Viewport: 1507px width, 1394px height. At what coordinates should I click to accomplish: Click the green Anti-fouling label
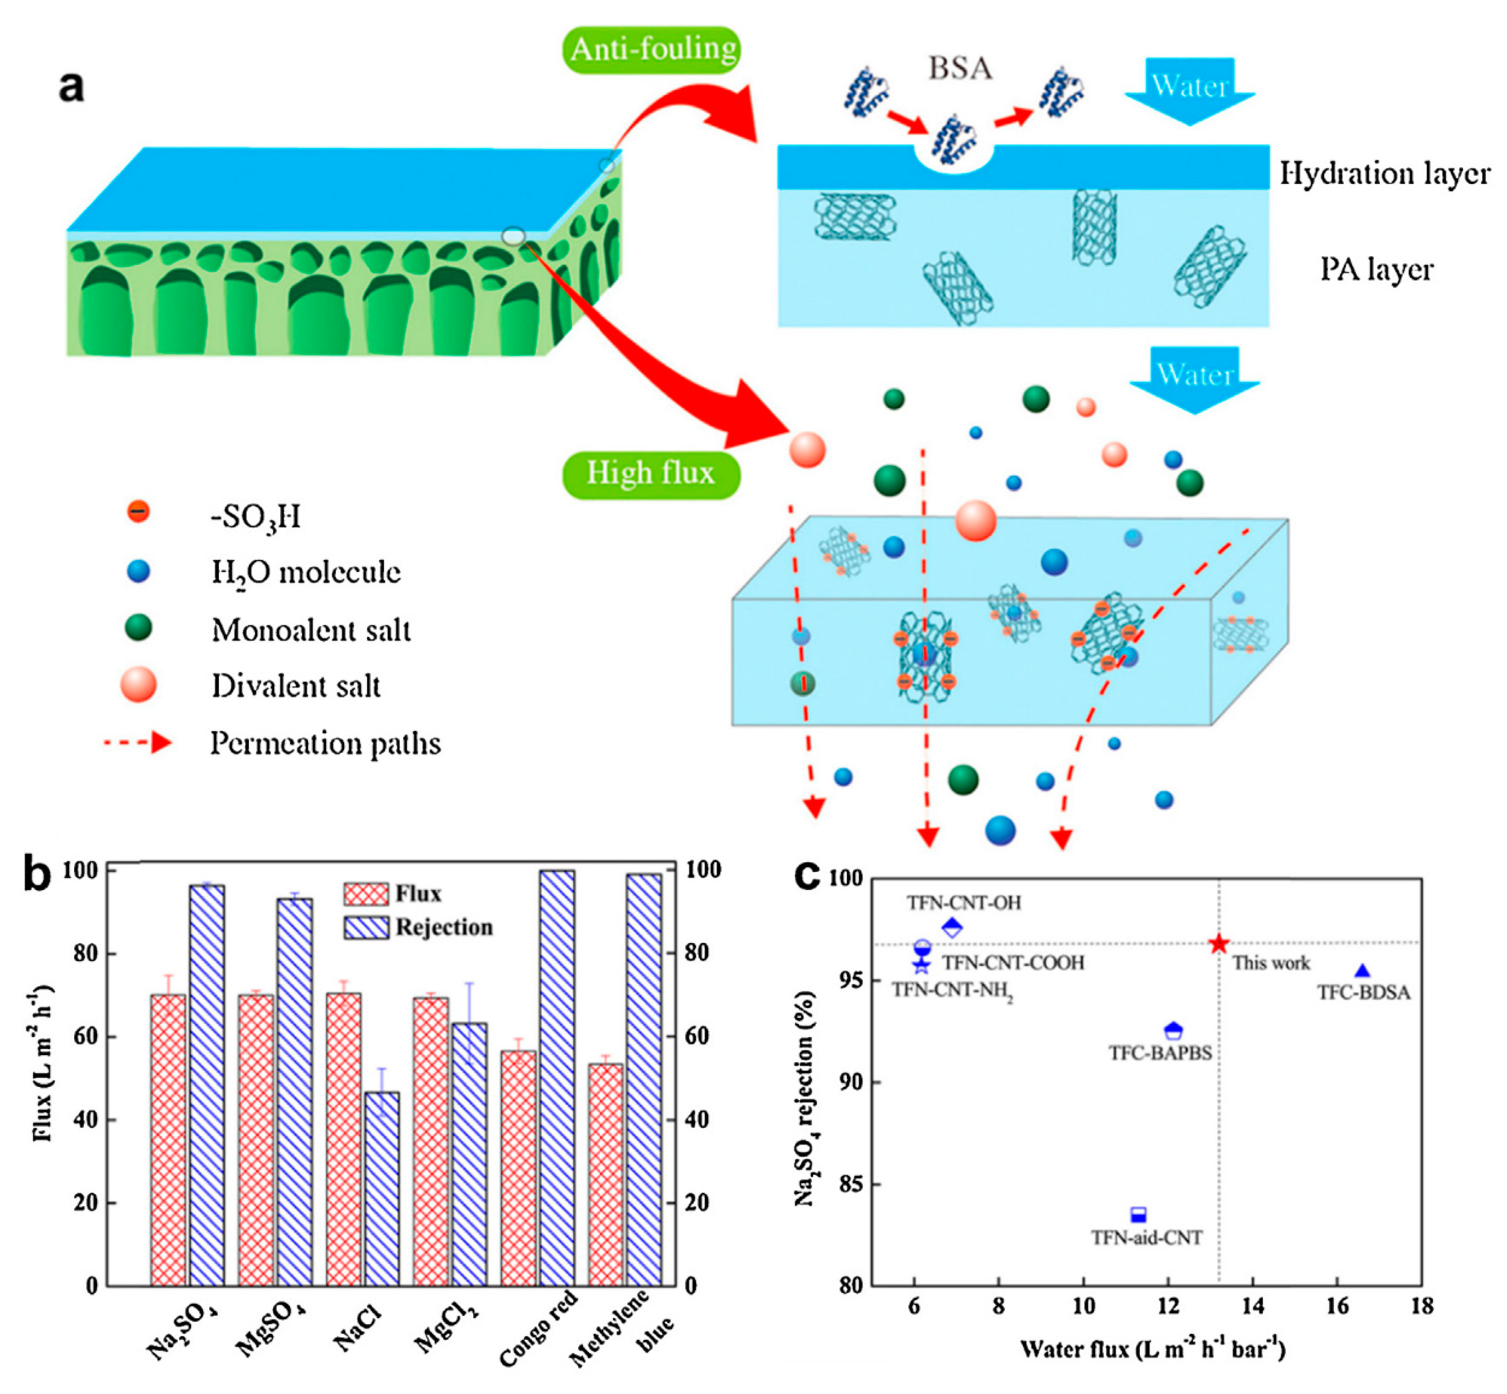pos(652,50)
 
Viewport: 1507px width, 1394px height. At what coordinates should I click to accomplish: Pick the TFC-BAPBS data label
pos(1160,1053)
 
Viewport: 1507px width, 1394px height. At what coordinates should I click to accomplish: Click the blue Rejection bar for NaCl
pos(383,1188)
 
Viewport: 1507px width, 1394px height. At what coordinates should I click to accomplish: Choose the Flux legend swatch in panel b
pos(366,894)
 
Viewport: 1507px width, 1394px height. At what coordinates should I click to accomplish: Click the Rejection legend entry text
pos(444,927)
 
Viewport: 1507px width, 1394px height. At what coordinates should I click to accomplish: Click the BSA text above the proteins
pos(959,69)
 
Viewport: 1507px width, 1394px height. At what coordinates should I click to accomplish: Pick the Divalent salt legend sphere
pos(139,685)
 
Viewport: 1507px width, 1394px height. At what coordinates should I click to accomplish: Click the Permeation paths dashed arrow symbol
pos(139,743)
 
